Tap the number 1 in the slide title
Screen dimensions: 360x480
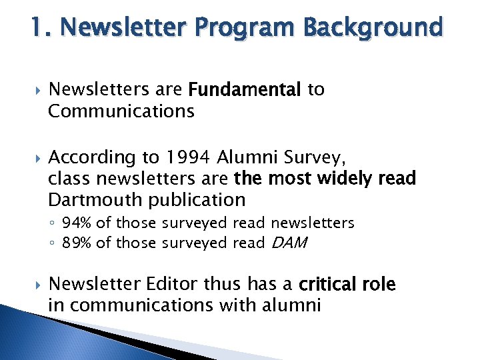click(37, 28)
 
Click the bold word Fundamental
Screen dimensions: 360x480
click(245, 89)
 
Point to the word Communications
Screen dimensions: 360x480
click(121, 111)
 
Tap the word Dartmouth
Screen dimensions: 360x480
click(96, 199)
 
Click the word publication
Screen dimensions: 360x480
click(197, 199)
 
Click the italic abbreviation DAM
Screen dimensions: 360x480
click(287, 243)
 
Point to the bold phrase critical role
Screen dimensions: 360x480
click(347, 285)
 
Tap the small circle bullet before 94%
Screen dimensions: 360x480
click(53, 223)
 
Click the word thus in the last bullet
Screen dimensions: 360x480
click(225, 285)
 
